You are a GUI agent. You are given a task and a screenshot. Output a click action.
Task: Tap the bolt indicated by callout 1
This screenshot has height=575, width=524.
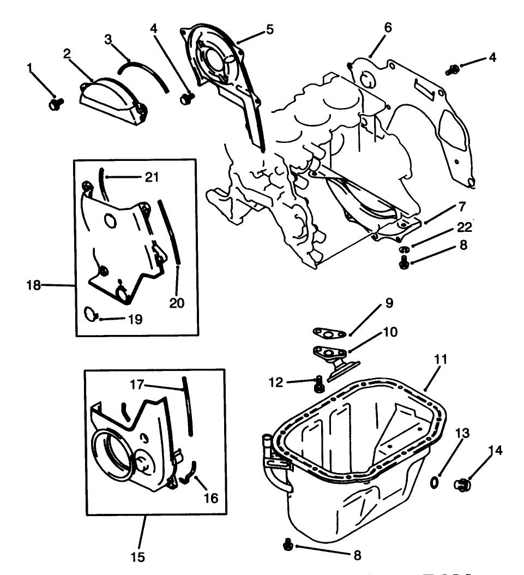pyautogui.click(x=56, y=103)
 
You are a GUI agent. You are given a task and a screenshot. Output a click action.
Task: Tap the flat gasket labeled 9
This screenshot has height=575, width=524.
pyautogui.click(x=327, y=333)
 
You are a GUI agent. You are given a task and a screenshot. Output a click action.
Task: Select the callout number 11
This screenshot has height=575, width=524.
pyautogui.click(x=441, y=359)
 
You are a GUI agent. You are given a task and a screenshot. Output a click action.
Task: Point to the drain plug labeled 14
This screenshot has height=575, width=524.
pyautogui.click(x=463, y=484)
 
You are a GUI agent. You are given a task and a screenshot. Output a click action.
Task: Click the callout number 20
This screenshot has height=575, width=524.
pyautogui.click(x=177, y=302)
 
